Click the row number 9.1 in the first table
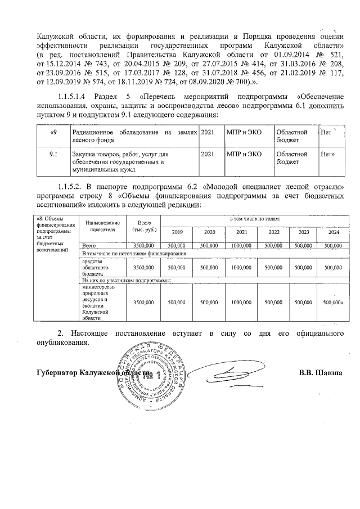click(x=53, y=153)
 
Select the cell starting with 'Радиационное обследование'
click(x=132, y=134)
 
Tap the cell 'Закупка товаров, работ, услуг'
click(x=132, y=161)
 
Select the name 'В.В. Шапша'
click(x=321, y=372)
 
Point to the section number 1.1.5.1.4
click(x=74, y=96)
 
